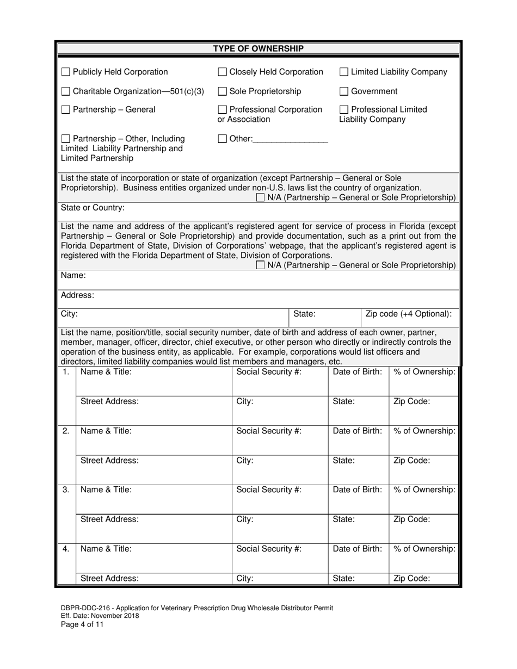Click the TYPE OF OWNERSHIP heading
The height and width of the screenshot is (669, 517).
click(x=258, y=49)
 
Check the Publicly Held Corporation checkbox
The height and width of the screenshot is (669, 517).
click(x=65, y=72)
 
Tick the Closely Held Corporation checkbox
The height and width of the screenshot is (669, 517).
click(x=222, y=72)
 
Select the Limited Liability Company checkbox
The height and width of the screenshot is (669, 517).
click(x=344, y=72)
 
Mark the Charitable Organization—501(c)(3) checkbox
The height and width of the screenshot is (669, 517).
click(x=65, y=91)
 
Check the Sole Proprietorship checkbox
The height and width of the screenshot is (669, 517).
click(x=222, y=91)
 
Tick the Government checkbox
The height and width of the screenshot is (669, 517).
click(x=344, y=91)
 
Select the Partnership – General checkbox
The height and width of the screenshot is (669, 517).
click(x=65, y=110)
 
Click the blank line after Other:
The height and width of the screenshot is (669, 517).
click(x=291, y=139)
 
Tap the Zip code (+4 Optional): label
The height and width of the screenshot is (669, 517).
click(x=409, y=314)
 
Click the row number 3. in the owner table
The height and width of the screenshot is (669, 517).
click(x=65, y=490)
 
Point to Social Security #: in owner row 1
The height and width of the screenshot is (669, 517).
click(x=269, y=372)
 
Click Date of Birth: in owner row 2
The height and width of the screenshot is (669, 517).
click(x=358, y=431)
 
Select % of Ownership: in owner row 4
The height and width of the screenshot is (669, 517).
click(x=424, y=549)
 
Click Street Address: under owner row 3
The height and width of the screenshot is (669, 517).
click(x=109, y=519)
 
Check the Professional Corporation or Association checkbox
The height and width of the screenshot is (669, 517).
click(x=222, y=110)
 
